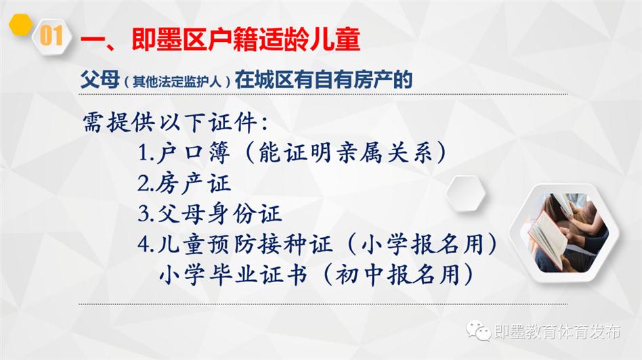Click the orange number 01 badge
(51, 36)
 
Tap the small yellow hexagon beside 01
(20, 24)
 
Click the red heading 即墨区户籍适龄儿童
(246, 40)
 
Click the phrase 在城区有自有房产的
(324, 79)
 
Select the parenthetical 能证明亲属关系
(345, 152)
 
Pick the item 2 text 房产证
(193, 183)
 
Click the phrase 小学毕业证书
(233, 274)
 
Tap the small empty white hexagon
(465, 193)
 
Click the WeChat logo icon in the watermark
(478, 330)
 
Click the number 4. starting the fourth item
(146, 245)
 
